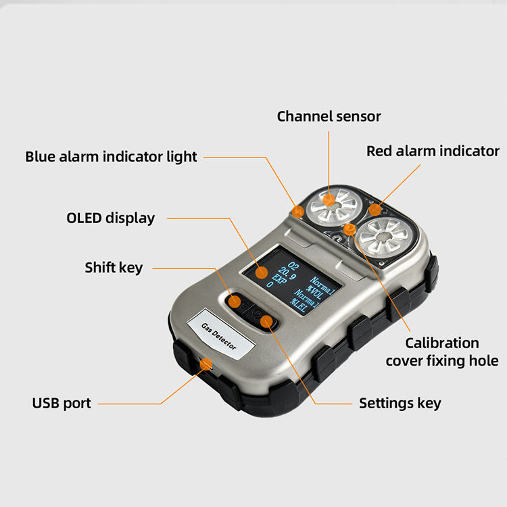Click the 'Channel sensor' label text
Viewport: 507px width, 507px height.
click(x=329, y=116)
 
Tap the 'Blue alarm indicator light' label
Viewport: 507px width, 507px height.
click(x=112, y=157)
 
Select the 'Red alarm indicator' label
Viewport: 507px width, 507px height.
click(x=433, y=151)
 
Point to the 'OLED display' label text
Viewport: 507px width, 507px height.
click(x=111, y=218)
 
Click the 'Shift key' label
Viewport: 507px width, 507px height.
click(x=114, y=268)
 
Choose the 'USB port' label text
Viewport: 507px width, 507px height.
click(x=62, y=403)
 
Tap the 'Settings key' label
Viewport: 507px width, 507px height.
click(x=400, y=404)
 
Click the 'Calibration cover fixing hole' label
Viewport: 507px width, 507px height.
click(x=442, y=352)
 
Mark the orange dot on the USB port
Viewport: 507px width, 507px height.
click(x=206, y=364)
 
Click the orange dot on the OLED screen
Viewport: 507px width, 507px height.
click(x=261, y=272)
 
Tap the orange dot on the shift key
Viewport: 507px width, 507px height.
click(x=235, y=301)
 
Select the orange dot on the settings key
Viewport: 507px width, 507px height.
click(x=266, y=321)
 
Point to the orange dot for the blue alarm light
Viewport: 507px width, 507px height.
click(x=297, y=212)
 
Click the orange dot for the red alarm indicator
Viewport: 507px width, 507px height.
click(x=375, y=210)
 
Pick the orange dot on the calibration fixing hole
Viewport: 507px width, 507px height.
click(x=349, y=229)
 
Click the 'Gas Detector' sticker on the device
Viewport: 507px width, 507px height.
click(x=221, y=335)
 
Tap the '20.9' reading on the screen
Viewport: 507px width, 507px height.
click(x=287, y=274)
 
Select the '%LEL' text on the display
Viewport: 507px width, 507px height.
click(x=298, y=306)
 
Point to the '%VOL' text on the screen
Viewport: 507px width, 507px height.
click(x=314, y=291)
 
